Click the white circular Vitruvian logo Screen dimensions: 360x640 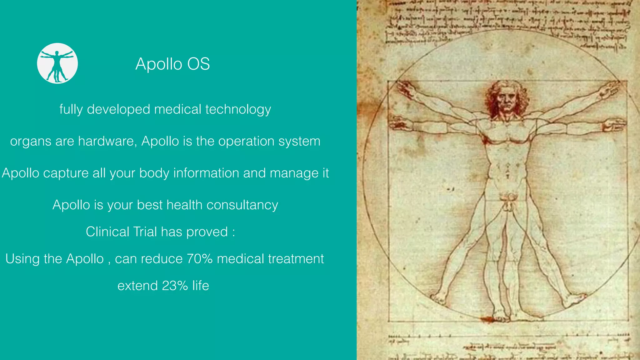click(x=57, y=63)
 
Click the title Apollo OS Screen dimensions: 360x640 click(x=172, y=64)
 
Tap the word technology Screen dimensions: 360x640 click(x=238, y=110)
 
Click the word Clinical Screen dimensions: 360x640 click(x=107, y=232)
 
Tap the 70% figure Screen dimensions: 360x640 click(x=200, y=259)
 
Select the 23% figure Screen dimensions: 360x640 click(x=175, y=286)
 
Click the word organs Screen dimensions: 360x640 click(x=31, y=142)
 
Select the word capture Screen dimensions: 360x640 click(x=66, y=173)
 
